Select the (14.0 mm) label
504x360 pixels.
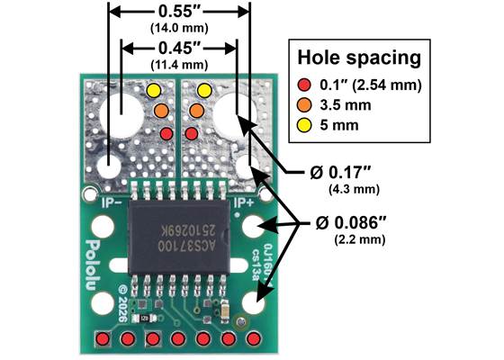point(178,30)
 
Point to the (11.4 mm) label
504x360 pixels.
point(178,64)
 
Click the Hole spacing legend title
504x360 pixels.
point(359,59)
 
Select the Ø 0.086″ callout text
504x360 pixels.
point(358,221)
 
